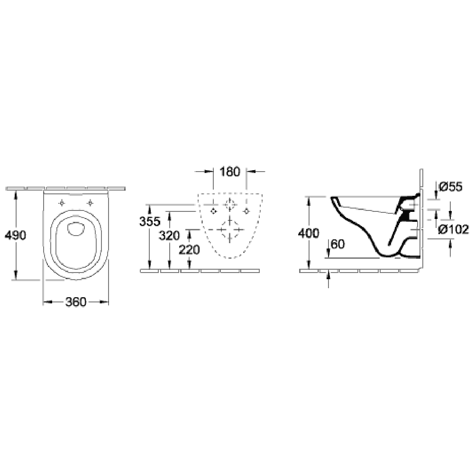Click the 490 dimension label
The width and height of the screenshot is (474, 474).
point(16,235)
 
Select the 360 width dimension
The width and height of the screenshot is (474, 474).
point(76,301)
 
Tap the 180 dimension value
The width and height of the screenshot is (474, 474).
point(230,172)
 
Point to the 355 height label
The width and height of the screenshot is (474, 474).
point(150,221)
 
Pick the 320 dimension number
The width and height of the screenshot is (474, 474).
point(169,236)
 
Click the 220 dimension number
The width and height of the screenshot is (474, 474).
point(189,250)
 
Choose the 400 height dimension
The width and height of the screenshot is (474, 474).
point(309,233)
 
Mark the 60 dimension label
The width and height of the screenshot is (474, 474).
point(337,244)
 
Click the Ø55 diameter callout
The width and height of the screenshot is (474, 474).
point(450,187)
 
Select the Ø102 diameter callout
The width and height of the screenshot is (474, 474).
point(454,230)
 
